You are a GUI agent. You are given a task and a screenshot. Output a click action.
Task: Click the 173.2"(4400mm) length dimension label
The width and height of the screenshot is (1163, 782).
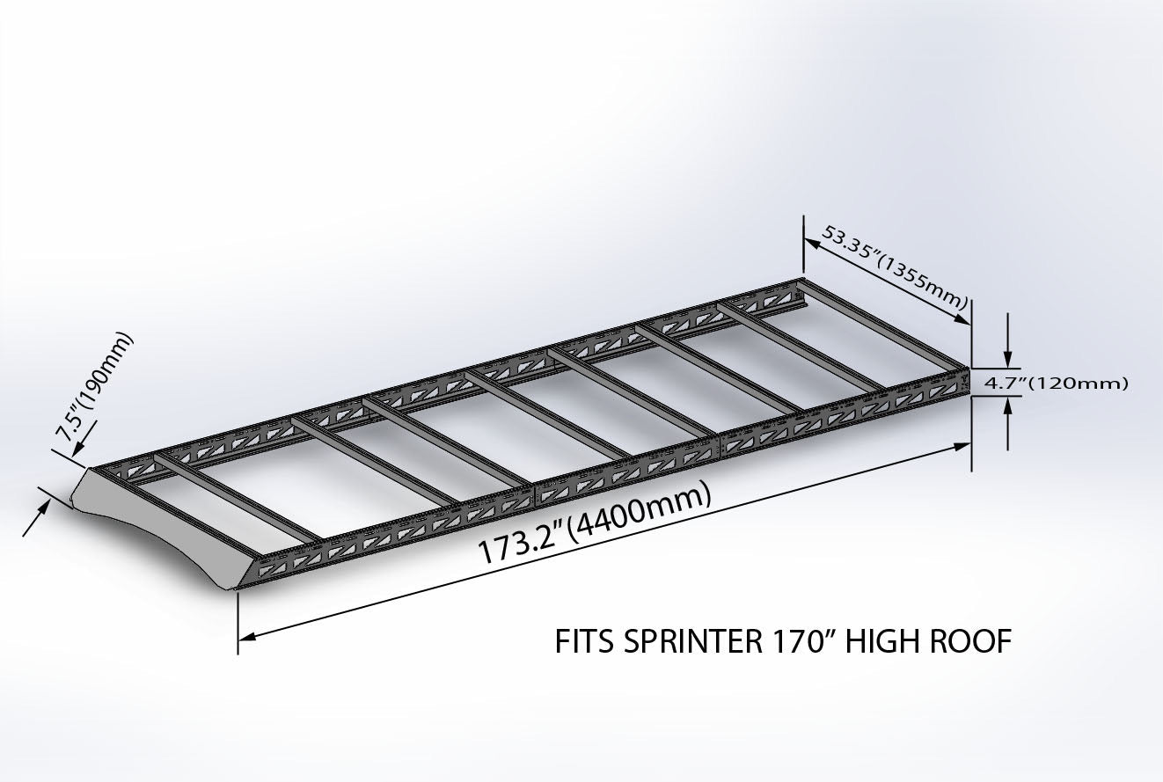(594, 527)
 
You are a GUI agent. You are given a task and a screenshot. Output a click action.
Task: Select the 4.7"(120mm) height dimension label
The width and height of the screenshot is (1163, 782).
(1054, 383)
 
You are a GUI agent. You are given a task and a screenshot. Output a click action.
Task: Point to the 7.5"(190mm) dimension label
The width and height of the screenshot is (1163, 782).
(91, 386)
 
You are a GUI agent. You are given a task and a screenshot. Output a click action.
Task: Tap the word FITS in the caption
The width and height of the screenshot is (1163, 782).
(585, 642)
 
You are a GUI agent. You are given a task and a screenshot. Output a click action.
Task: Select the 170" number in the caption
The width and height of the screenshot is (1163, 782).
(795, 642)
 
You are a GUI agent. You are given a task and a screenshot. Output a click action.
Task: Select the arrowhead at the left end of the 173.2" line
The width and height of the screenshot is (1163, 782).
(248, 637)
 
